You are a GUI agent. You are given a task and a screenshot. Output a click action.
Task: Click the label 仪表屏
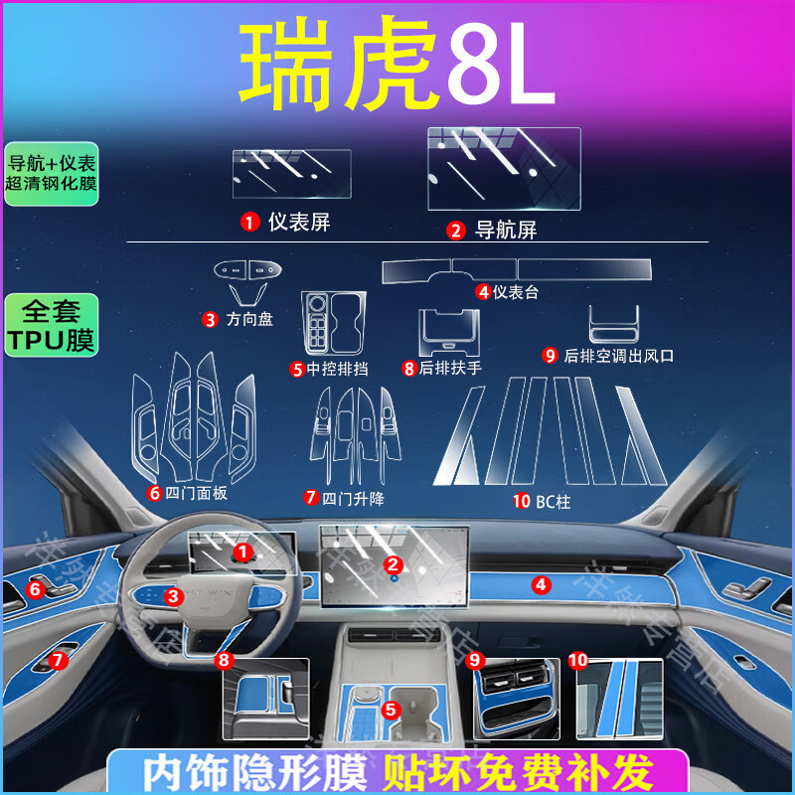pos(298,223)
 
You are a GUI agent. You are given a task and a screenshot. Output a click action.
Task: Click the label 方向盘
pos(248,319)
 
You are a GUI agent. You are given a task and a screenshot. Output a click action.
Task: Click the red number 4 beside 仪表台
pos(484,292)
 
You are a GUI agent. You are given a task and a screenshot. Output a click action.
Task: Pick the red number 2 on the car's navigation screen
pos(394,564)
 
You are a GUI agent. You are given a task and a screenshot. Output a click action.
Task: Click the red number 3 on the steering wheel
pos(173,596)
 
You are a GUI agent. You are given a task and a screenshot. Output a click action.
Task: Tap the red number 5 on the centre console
pos(391,710)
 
